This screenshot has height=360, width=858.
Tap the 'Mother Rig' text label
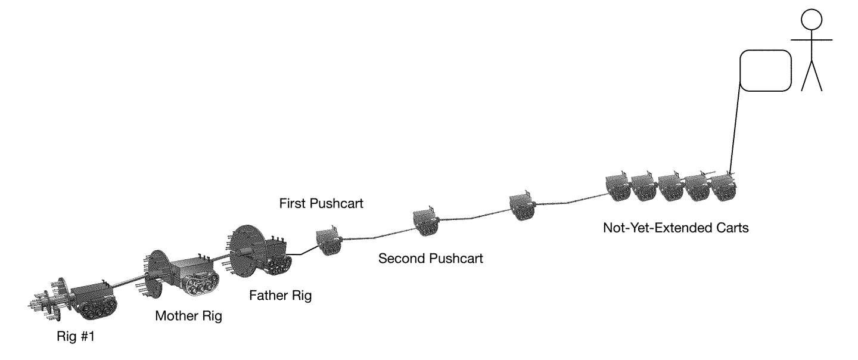click(188, 315)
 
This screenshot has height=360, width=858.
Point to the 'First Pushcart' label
click(321, 204)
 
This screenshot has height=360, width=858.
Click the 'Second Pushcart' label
click(431, 259)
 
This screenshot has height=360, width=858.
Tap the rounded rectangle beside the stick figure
click(765, 70)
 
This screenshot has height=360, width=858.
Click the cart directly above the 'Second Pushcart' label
click(426, 222)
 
